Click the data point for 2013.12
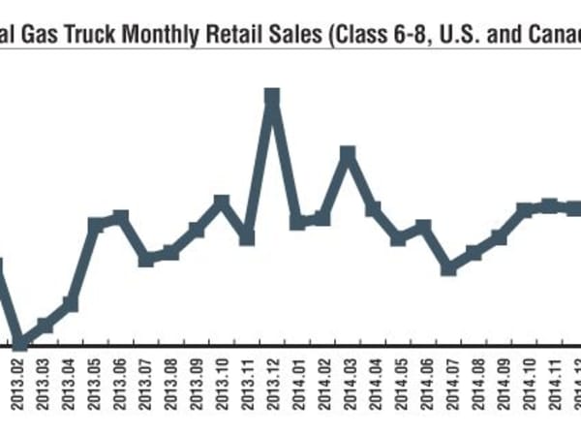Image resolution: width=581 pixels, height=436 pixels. tap(272, 97)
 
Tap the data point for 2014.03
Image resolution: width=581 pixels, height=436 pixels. tap(348, 153)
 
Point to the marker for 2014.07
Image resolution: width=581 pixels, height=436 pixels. tap(448, 267)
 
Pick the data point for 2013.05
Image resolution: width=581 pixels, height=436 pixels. tap(96, 226)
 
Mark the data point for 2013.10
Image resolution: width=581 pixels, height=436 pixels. tap(222, 202)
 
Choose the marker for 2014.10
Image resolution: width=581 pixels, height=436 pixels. tap(524, 210)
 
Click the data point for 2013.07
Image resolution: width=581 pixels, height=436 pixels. tap(146, 259)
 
